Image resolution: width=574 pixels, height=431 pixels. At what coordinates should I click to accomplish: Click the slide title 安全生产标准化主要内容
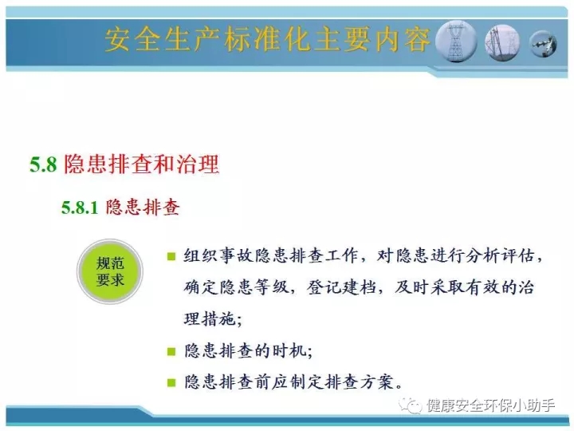coord(268,39)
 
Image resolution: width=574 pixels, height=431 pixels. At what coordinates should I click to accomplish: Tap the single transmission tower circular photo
coord(457,42)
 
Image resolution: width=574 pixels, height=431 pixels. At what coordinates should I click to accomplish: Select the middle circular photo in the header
coord(502,42)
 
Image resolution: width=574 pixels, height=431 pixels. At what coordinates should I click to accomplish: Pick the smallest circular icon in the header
coord(543,45)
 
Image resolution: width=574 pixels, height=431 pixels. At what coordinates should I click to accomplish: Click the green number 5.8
coord(43,164)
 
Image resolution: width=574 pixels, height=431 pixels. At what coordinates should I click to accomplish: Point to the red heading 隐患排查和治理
coord(142,164)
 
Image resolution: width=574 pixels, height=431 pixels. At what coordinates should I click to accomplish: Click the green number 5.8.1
coord(80,208)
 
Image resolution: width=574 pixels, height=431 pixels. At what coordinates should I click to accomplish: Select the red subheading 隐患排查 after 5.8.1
coord(143,207)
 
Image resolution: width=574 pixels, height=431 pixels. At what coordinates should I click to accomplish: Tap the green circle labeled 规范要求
coord(110,271)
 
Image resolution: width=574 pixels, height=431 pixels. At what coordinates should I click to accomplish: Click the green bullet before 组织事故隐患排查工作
coord(171,256)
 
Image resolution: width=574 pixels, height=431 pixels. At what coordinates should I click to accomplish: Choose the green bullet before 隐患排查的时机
coord(171,351)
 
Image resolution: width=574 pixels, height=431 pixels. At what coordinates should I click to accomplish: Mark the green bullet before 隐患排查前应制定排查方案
coord(171,382)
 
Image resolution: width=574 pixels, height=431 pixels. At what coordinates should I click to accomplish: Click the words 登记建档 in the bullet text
coord(341,287)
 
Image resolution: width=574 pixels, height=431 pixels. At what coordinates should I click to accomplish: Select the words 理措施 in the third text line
coord(210,318)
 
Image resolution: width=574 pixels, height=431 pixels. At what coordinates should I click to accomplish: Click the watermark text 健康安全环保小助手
coord(491,405)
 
